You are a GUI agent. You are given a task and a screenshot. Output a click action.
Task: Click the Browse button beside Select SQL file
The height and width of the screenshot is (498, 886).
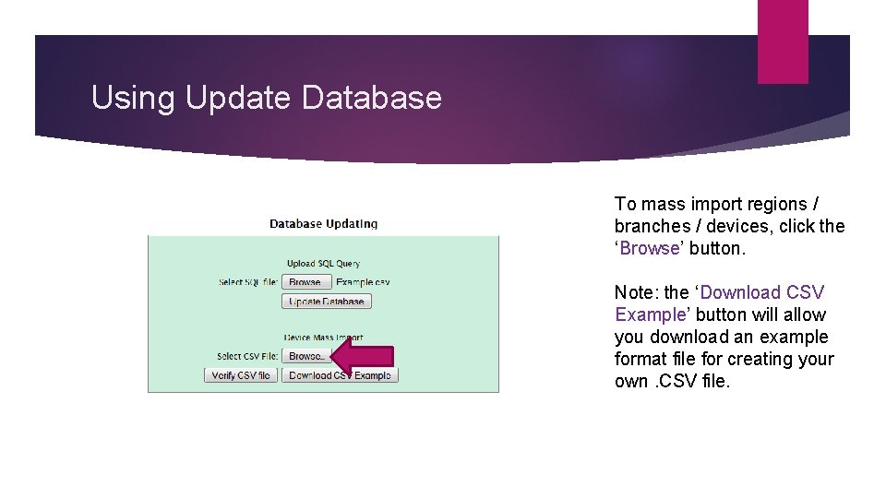point(305,282)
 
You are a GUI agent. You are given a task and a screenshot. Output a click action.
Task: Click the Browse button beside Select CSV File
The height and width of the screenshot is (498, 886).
point(305,356)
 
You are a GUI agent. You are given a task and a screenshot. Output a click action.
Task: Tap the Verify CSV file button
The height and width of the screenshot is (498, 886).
point(241,375)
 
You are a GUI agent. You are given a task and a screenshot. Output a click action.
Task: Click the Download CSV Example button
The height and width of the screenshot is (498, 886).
point(340,375)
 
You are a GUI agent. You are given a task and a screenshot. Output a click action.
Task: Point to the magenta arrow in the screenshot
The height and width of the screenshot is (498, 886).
point(361,358)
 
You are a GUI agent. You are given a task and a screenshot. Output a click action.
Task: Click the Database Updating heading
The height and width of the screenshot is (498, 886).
point(323,223)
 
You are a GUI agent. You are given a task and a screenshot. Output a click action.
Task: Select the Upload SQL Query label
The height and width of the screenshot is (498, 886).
point(323,264)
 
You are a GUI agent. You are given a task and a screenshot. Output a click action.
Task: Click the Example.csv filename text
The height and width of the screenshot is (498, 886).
point(363,282)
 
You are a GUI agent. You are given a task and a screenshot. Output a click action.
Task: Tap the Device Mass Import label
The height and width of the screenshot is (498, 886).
point(323,338)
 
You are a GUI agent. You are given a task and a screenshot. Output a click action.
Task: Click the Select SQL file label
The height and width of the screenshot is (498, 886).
point(247,282)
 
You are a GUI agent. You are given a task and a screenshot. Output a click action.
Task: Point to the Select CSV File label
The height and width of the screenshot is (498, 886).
point(246,356)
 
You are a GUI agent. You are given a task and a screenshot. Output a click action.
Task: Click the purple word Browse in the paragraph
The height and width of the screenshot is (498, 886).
point(650,248)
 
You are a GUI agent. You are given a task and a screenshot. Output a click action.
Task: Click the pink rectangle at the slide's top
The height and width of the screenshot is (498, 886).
point(783,41)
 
